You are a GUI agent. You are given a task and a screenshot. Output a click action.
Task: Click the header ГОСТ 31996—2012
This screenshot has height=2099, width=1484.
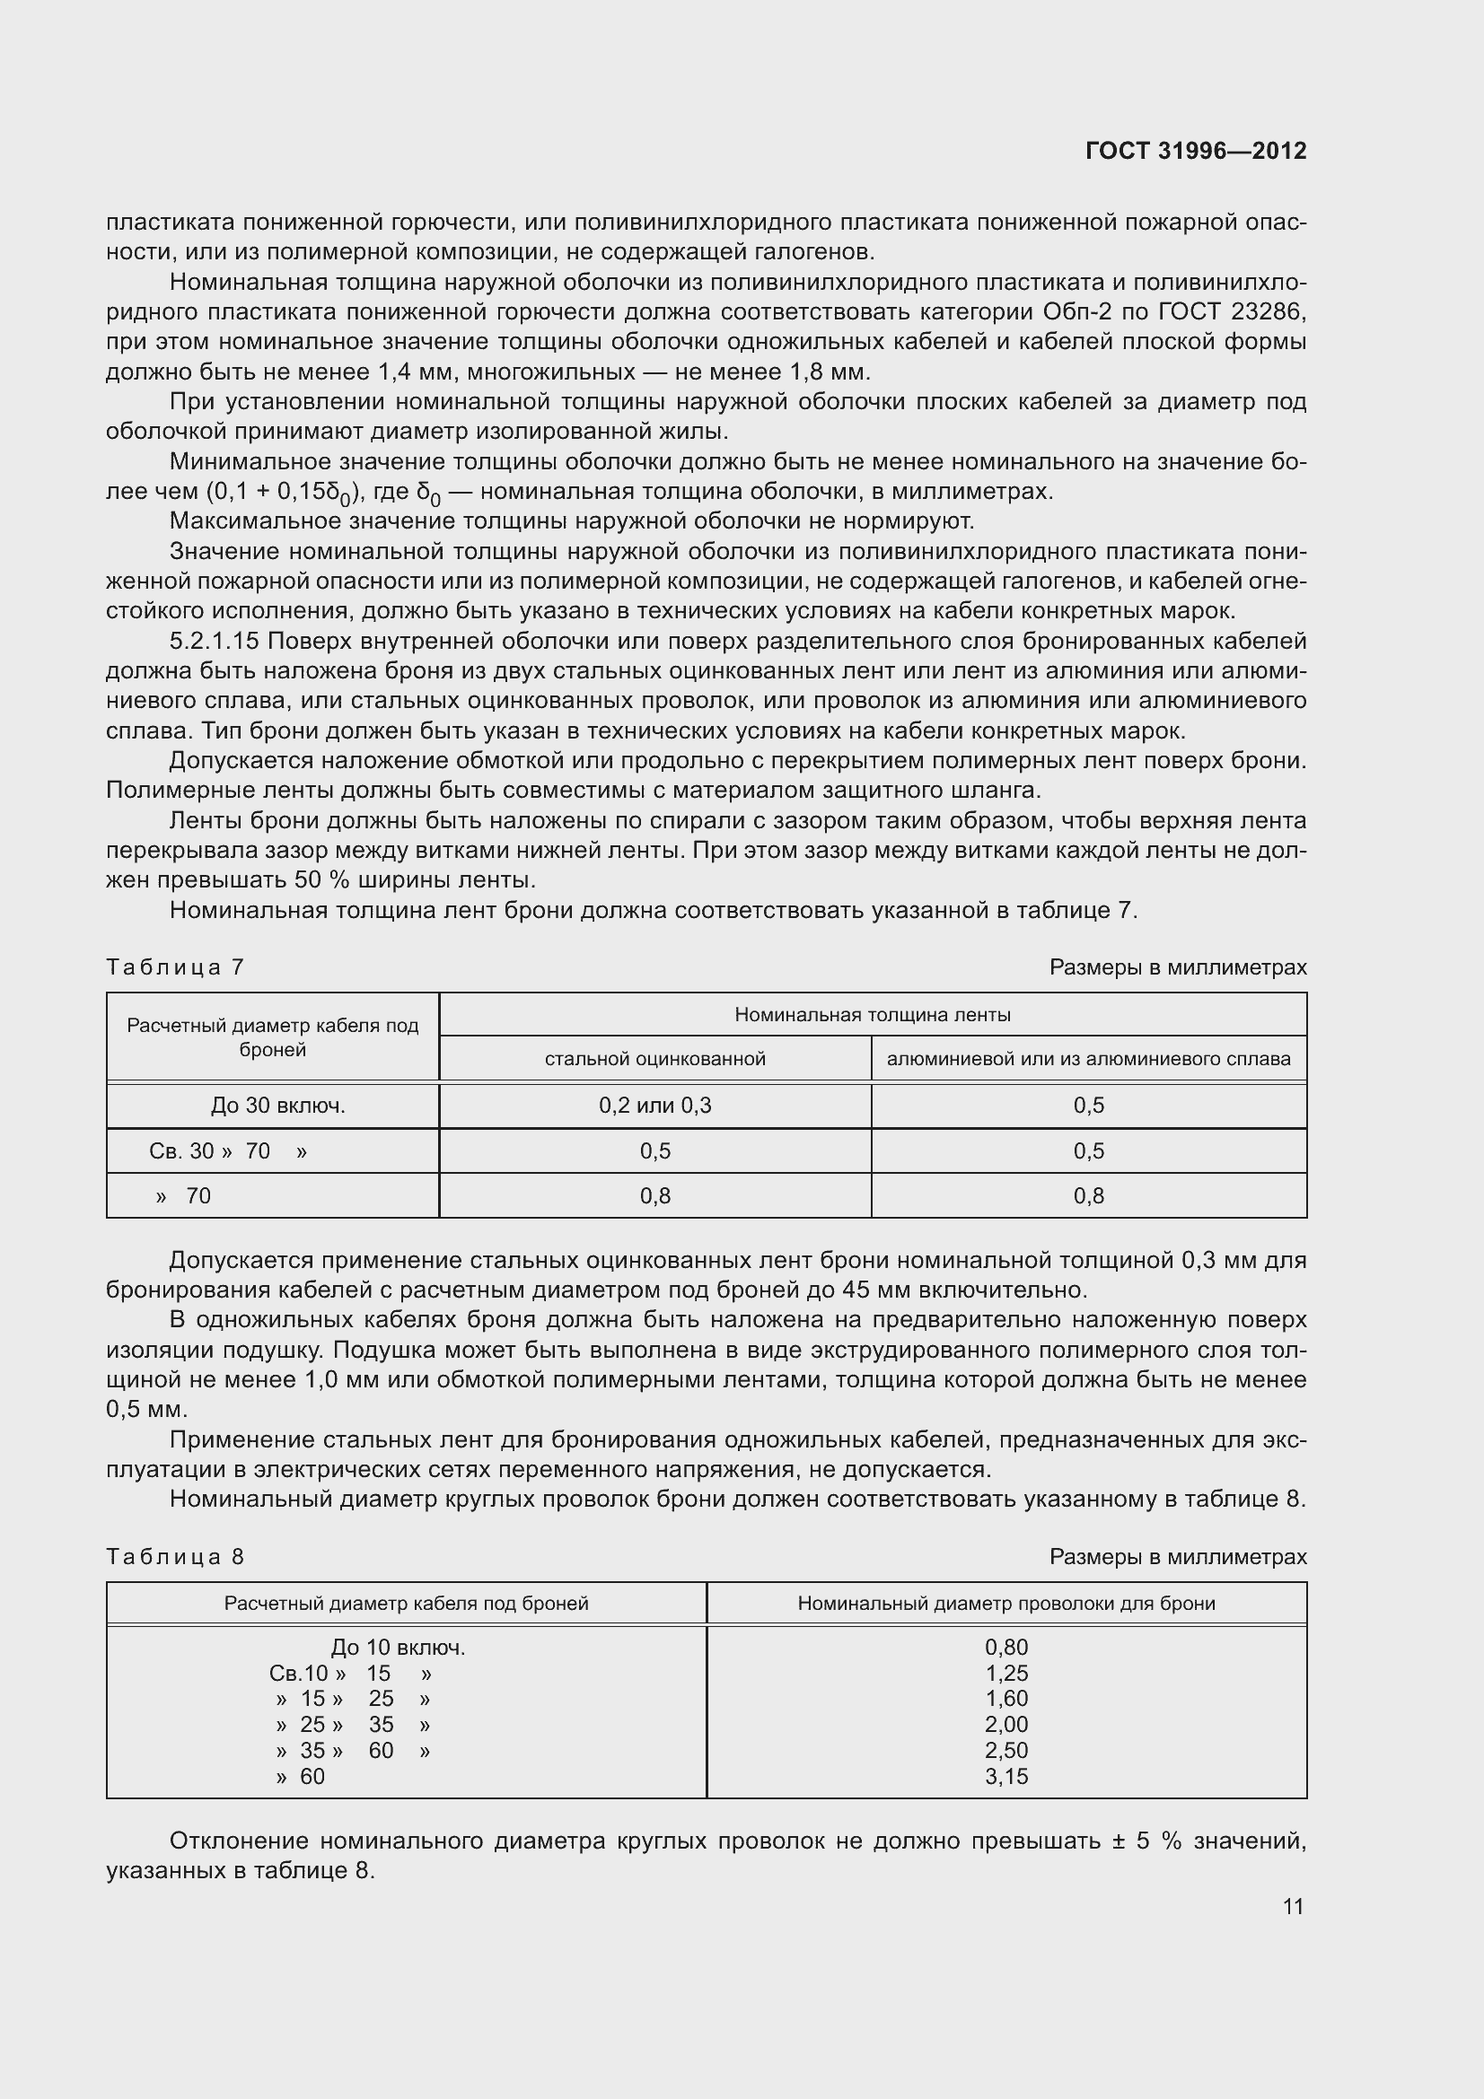[x=1195, y=151]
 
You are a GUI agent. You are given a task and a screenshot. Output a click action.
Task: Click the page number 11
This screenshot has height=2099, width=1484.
[x=1293, y=1906]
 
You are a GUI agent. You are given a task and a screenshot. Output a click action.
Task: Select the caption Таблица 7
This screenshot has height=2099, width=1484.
[x=175, y=967]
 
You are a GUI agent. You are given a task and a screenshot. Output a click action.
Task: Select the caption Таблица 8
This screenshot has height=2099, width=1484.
[x=175, y=1557]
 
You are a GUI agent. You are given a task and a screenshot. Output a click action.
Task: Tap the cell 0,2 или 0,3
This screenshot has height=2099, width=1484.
[x=654, y=1106]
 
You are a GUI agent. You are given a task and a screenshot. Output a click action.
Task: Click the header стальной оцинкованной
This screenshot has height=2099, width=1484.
[x=654, y=1059]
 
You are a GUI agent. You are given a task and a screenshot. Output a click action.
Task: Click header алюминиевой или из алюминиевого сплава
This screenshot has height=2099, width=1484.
[x=1088, y=1059]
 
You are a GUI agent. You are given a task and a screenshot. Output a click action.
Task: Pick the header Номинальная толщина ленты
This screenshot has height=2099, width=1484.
[x=873, y=1015]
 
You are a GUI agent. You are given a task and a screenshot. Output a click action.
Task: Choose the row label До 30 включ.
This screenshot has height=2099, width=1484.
[x=278, y=1106]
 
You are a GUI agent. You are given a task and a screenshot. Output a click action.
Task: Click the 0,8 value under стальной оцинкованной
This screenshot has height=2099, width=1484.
[x=654, y=1195]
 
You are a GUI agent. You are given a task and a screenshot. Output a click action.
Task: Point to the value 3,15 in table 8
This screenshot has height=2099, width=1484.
[x=1005, y=1776]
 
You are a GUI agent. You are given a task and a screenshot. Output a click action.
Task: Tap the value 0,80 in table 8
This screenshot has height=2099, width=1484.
[x=1005, y=1648]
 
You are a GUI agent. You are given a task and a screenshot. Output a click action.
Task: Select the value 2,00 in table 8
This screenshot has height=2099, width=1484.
[x=1005, y=1724]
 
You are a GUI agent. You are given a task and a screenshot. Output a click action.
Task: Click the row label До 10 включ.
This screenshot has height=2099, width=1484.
[x=398, y=1648]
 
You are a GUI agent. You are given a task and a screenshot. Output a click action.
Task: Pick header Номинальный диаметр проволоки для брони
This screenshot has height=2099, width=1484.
[x=1005, y=1604]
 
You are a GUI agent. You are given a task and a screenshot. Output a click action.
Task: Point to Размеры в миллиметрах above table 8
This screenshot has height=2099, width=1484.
[x=1178, y=1557]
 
